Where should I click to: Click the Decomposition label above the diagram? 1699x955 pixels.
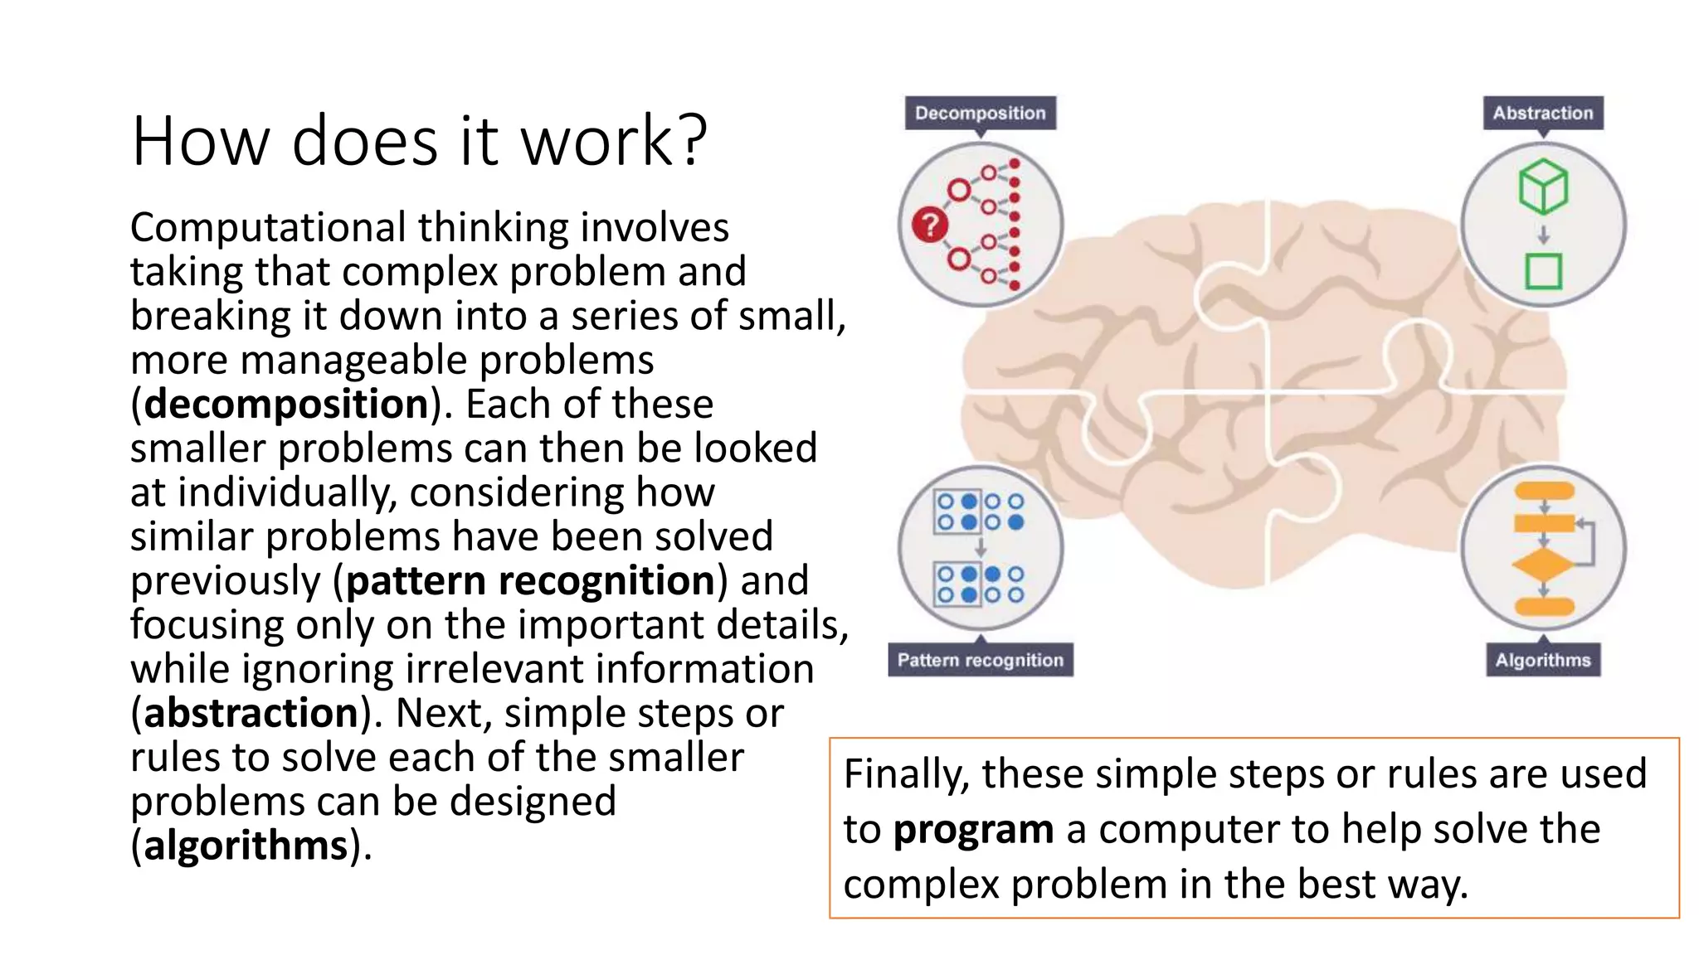[980, 113]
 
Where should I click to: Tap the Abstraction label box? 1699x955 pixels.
[1542, 113]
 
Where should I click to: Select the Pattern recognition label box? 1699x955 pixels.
[980, 660]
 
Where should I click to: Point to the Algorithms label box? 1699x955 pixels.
[1542, 660]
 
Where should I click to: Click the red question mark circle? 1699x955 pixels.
[930, 225]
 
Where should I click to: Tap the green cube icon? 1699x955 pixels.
[1543, 187]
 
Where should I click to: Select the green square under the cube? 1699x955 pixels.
[1543, 271]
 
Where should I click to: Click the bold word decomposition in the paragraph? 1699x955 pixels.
[286, 405]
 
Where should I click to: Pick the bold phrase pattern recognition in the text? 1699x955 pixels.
[530, 581]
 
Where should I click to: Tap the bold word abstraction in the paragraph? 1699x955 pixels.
[251, 714]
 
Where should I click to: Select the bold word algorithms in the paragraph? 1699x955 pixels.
[246, 846]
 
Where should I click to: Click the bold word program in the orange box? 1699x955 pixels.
[973, 830]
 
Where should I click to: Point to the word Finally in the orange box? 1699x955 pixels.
[906, 775]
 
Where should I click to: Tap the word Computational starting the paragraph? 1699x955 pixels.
[268, 228]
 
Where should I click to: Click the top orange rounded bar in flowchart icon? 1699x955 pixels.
[1544, 491]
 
